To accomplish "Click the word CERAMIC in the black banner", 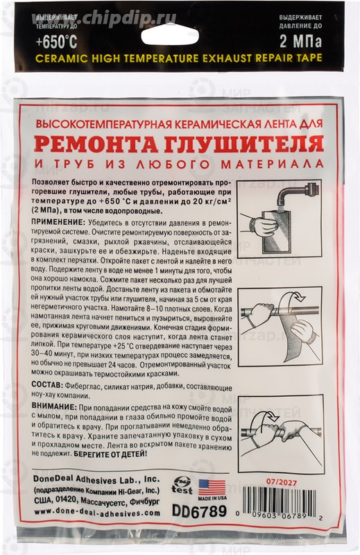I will [x=58, y=59].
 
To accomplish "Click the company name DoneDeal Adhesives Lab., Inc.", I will [x=96, y=479].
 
